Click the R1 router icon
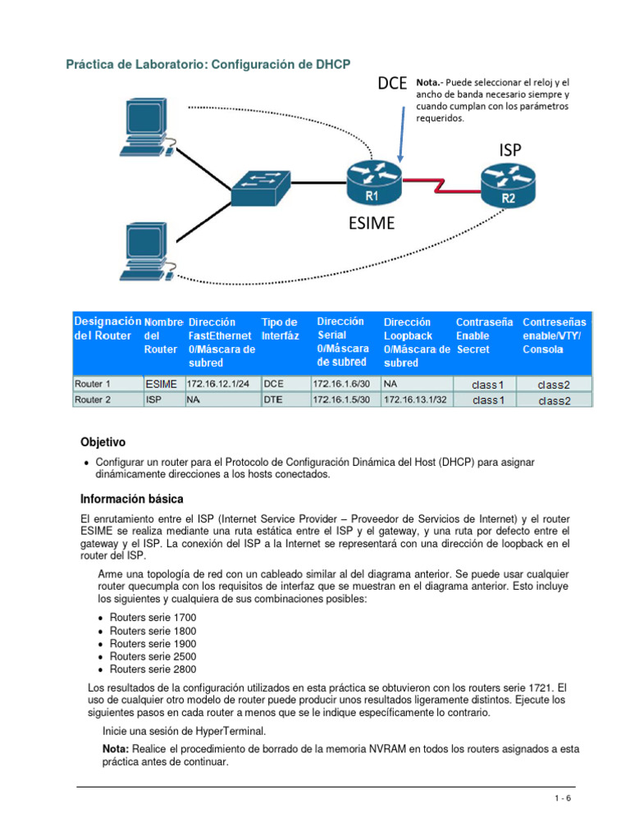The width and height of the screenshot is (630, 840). click(x=372, y=181)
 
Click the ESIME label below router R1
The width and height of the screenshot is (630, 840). click(x=372, y=223)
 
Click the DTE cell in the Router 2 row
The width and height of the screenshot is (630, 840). click(x=272, y=399)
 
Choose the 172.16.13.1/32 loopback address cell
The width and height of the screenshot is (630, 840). click(x=416, y=399)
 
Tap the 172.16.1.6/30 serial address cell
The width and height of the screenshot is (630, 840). click(x=342, y=383)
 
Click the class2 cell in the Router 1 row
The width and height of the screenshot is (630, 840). click(x=553, y=383)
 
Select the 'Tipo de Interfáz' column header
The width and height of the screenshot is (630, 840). click(x=280, y=329)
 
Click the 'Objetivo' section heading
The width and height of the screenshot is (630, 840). click(x=103, y=442)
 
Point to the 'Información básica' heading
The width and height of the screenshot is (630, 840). click(x=131, y=499)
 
